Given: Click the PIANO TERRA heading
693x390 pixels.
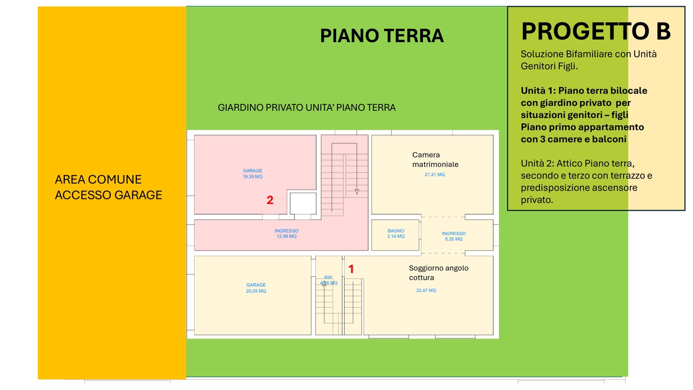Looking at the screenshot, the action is pyautogui.click(x=382, y=36).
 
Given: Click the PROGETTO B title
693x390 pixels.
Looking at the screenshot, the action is pyautogui.click(x=596, y=31).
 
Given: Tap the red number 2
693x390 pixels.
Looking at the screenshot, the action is pyautogui.click(x=270, y=200).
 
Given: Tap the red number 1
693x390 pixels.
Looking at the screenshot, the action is pyautogui.click(x=351, y=269).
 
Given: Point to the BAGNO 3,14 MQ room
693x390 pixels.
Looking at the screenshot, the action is pyautogui.click(x=396, y=235).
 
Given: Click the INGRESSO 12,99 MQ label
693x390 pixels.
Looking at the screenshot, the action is pyautogui.click(x=287, y=234).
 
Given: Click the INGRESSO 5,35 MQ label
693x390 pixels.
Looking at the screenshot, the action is pyautogui.click(x=453, y=236).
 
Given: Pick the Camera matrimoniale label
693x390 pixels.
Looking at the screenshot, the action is pyautogui.click(x=435, y=159).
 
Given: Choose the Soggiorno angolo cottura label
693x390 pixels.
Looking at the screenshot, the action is pyautogui.click(x=439, y=273).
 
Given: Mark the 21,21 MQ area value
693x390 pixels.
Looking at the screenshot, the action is pyautogui.click(x=435, y=174).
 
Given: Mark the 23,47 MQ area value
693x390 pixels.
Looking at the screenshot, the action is pyautogui.click(x=426, y=291).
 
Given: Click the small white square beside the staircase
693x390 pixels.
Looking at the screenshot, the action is pyautogui.click(x=303, y=203).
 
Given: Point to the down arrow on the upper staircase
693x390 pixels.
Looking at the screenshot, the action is pyautogui.click(x=357, y=192).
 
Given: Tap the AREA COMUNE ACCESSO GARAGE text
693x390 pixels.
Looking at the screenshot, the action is pyautogui.click(x=108, y=187).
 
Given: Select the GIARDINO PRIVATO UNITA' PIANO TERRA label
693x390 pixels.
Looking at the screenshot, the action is pyautogui.click(x=306, y=107).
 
